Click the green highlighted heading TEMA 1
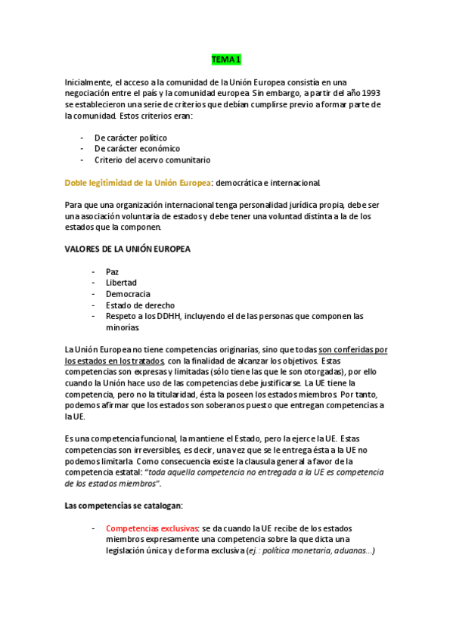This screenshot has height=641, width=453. [226, 59]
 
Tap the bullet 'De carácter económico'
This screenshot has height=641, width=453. [137, 149]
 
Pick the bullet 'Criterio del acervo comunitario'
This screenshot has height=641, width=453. [152, 160]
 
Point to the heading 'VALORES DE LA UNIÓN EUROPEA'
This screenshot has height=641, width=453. [128, 249]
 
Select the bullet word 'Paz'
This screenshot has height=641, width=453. [113, 271]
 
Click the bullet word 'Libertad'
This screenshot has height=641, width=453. [121, 283]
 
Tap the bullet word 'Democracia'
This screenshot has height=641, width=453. [128, 294]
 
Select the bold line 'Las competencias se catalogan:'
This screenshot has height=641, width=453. [123, 505]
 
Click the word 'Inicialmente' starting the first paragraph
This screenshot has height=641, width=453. [88, 82]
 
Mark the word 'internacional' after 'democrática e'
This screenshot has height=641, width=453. [296, 183]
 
